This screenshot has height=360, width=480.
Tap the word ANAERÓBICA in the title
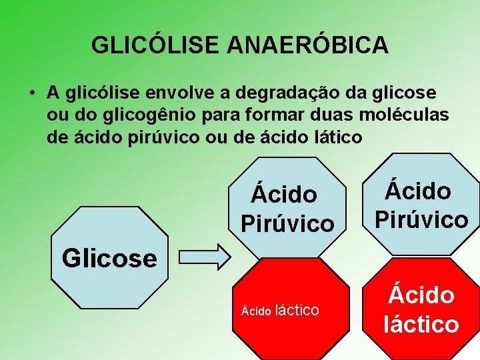[x=307, y=45]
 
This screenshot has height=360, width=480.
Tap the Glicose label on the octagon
[x=109, y=257]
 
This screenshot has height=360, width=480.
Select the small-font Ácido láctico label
[x=280, y=310]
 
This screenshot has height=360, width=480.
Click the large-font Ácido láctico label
[x=421, y=309]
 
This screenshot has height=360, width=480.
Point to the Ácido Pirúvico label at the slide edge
[x=421, y=205]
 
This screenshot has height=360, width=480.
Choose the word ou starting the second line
[x=57, y=115]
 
